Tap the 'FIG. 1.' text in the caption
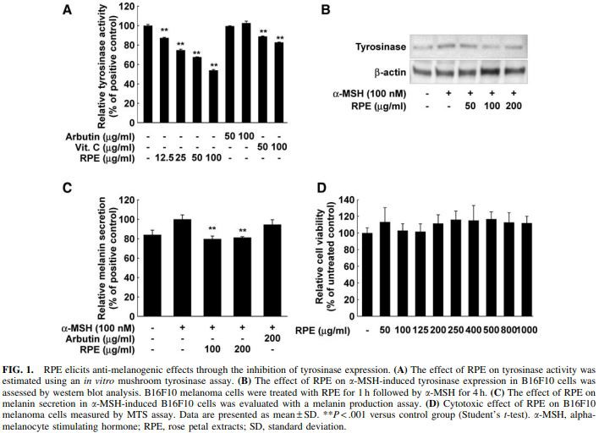21,370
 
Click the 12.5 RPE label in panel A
164,157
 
